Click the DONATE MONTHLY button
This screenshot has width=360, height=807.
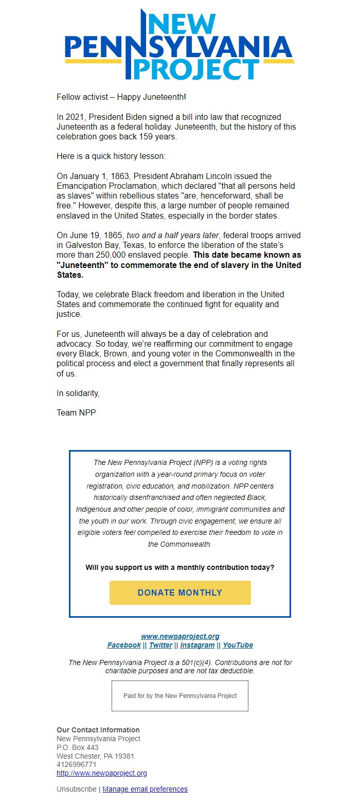point(180,593)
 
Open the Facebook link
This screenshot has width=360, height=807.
point(124,645)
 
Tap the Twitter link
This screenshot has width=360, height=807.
point(160,645)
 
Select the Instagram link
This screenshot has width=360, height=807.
point(197,645)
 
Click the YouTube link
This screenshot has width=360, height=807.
point(238,645)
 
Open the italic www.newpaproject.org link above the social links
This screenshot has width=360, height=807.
point(180,636)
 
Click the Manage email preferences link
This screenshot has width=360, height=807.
point(145,789)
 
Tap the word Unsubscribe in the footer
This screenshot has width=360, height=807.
point(76,789)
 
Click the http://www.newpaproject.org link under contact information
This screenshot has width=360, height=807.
point(102,773)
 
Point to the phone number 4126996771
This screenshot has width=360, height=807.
point(76,765)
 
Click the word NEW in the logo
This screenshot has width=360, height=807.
point(181,23)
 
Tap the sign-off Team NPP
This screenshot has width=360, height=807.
point(76,413)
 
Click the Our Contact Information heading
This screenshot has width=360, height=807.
point(98,730)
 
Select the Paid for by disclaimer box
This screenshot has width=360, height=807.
point(180,696)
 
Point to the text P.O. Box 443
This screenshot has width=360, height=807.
point(77,747)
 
